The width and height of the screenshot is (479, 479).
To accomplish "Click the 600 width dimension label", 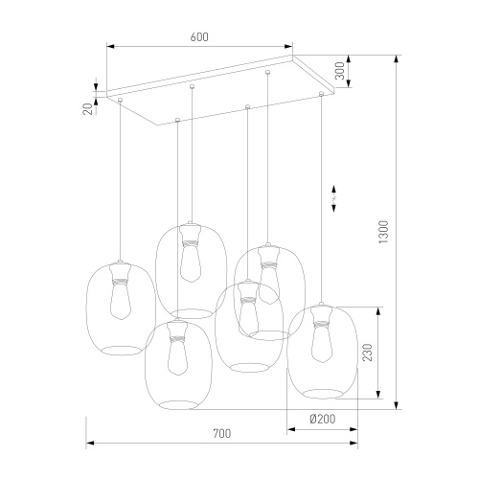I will [x=199, y=37].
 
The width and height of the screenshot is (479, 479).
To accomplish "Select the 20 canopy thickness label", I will [x=87, y=108].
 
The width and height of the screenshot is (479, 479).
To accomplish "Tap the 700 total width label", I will [x=221, y=434].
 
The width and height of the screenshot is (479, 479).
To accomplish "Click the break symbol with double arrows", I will [x=333, y=197].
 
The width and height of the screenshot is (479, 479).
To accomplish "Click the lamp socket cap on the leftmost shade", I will [x=120, y=269].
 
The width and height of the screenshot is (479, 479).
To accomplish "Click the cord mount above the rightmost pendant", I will [x=320, y=95].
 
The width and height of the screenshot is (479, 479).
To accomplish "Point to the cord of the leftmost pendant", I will [x=121, y=182].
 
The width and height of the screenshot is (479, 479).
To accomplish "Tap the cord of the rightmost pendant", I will [x=321, y=192].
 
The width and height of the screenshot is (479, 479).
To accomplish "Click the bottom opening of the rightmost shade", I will [x=323, y=391].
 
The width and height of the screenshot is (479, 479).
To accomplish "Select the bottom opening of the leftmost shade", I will [x=120, y=347].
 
